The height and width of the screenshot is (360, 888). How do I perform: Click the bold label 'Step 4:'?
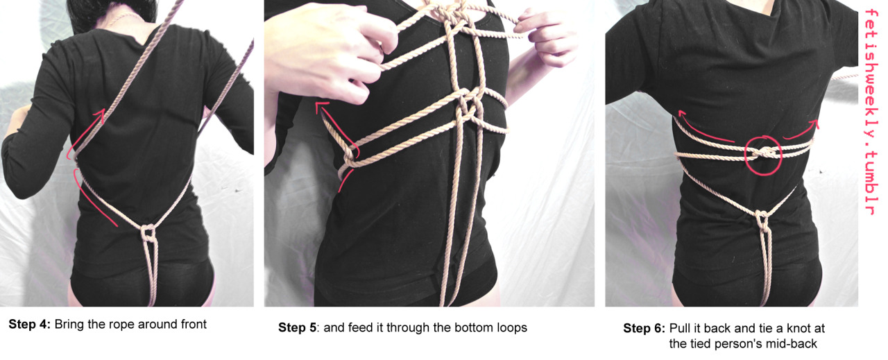[x=30, y=325]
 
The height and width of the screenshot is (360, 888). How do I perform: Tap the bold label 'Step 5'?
[x=298, y=327]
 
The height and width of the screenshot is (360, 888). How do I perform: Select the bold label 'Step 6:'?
[x=644, y=328]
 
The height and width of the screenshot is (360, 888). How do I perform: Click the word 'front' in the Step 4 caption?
[x=194, y=325]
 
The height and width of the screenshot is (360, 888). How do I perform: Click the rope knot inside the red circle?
[x=763, y=153]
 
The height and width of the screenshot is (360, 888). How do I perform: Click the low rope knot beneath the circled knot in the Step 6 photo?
[x=761, y=219]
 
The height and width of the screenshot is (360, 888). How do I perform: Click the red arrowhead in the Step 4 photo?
[x=99, y=116]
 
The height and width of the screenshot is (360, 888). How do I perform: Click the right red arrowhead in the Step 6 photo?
[x=814, y=123]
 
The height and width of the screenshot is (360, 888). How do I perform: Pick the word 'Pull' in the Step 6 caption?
[x=679, y=328]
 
